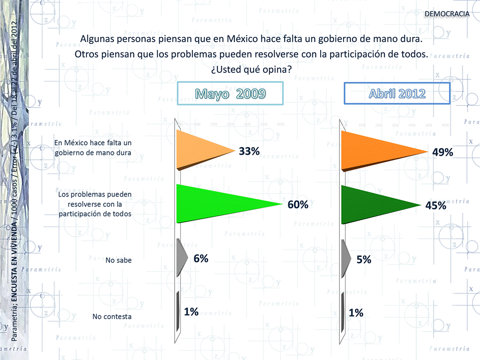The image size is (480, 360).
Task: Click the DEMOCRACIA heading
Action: (x=447, y=13)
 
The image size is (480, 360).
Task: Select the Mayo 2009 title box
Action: (x=230, y=93)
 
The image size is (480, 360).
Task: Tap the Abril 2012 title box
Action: (x=397, y=93)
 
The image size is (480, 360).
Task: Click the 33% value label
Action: (x=249, y=151)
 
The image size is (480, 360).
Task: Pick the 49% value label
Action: (x=443, y=153)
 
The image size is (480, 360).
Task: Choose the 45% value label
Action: (x=436, y=206)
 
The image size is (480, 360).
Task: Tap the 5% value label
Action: (x=364, y=259)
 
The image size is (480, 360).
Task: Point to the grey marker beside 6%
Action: (x=181, y=257)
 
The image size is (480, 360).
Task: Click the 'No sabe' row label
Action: (x=118, y=260)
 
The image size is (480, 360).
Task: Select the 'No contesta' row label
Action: (x=112, y=317)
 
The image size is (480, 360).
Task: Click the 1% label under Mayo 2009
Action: (x=191, y=312)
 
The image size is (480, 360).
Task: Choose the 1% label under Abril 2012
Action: (x=356, y=313)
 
